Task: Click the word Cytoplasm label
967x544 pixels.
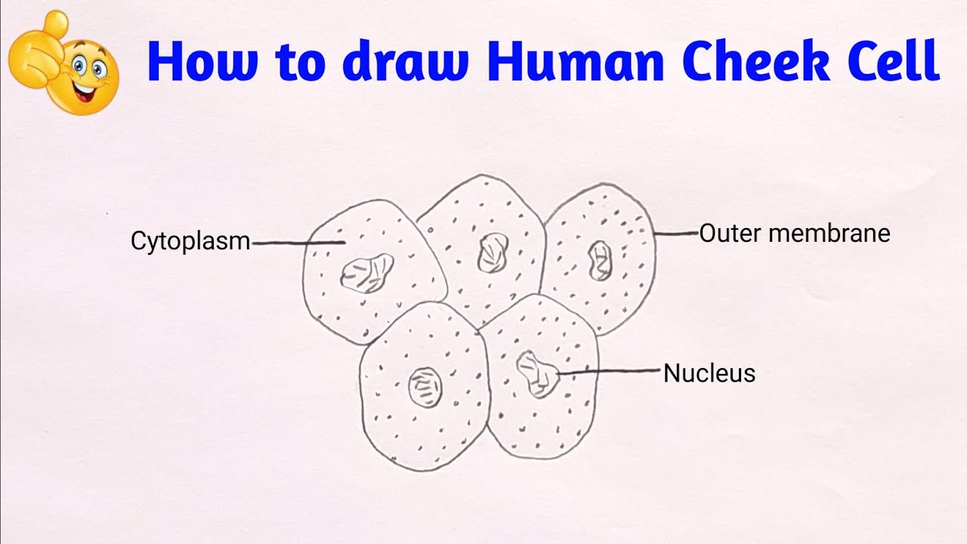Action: pos(190,242)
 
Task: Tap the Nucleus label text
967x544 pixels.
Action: pos(709,373)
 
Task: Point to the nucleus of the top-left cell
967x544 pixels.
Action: pos(367,273)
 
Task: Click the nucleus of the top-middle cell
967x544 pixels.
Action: pos(493,252)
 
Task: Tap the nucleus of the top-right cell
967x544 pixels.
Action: pos(601,261)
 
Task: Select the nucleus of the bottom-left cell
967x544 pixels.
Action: pos(425,388)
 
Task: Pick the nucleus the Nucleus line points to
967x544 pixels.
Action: pos(538,373)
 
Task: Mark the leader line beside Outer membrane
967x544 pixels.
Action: pos(676,234)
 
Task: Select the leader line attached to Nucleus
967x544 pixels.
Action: pos(612,371)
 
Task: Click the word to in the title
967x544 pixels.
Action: pos(298,62)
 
